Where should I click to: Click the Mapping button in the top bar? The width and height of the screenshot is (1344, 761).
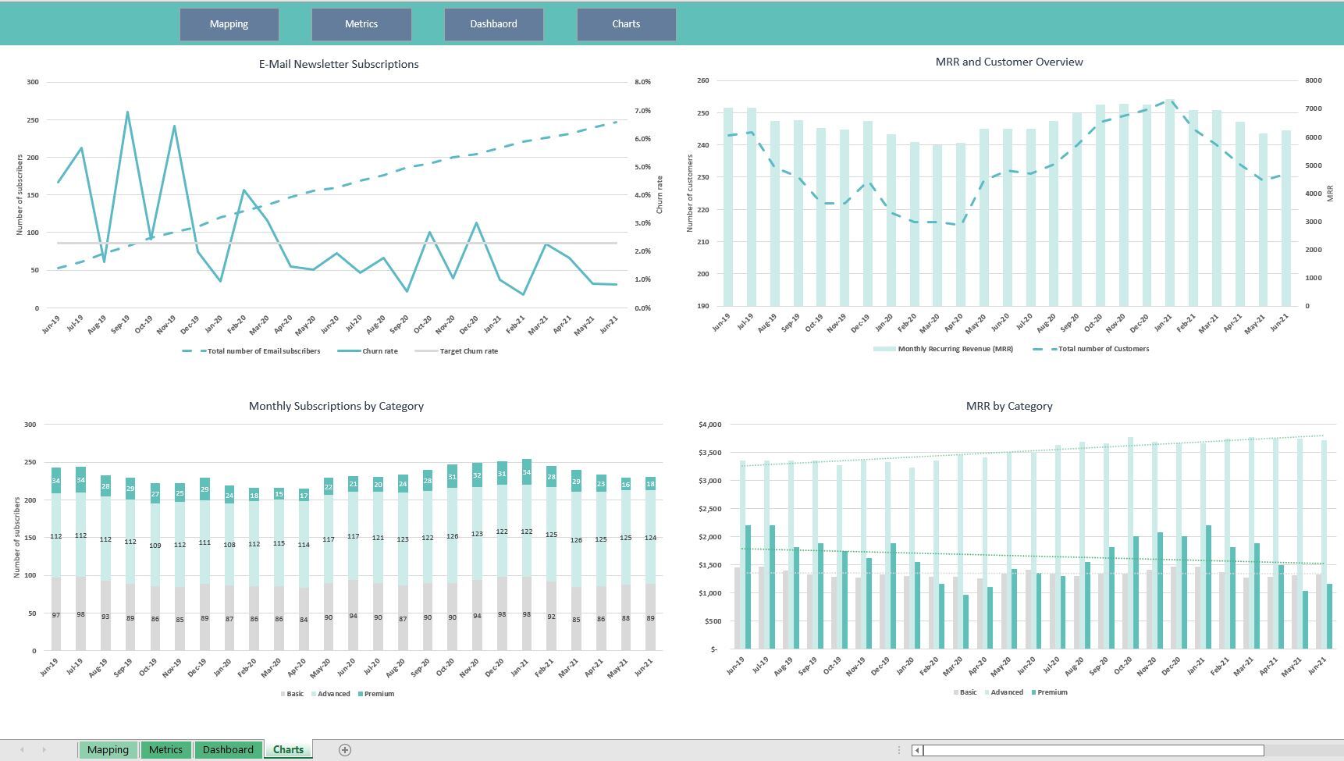point(229,24)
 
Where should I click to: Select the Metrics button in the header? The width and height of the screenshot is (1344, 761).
point(361,24)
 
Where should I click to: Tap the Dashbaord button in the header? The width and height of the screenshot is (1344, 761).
point(493,24)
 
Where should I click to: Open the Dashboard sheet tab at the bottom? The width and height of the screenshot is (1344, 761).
point(228,749)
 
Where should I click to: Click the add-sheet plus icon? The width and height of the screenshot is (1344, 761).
point(344,749)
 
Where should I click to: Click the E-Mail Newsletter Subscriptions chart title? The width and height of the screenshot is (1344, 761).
point(339,64)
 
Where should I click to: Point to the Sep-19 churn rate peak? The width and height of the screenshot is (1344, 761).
point(127,112)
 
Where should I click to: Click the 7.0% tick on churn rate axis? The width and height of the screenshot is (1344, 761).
point(642,111)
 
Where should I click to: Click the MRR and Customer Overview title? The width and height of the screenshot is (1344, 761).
point(1008,62)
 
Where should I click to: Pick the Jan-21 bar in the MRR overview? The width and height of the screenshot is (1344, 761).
point(1169,203)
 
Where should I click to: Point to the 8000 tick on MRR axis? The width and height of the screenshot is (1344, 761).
point(1313,80)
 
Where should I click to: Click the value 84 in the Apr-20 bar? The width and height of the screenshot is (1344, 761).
point(304,620)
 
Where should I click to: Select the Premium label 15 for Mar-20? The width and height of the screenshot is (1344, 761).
point(279,494)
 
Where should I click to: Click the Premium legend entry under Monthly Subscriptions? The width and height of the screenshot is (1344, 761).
point(379,694)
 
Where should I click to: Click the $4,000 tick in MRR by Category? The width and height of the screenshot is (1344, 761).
point(710,425)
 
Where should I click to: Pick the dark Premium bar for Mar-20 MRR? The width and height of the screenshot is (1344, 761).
point(965,621)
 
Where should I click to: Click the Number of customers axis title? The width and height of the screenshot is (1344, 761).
point(690,193)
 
